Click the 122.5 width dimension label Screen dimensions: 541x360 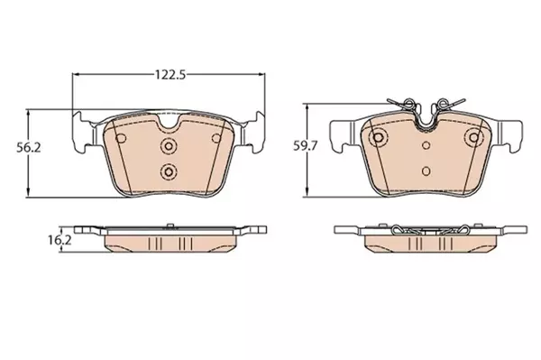click(x=170, y=75)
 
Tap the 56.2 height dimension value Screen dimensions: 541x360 click(x=29, y=148)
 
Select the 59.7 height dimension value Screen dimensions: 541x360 click(x=306, y=146)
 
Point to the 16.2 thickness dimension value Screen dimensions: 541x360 click(x=60, y=240)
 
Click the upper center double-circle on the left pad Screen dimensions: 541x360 click(x=169, y=146)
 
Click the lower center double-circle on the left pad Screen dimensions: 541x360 click(x=169, y=171)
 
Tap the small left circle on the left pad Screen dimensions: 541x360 click(x=121, y=139)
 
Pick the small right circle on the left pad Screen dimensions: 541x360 click(x=216, y=138)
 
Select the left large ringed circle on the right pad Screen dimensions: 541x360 click(x=379, y=137)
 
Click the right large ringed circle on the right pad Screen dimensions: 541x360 click(x=474, y=137)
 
